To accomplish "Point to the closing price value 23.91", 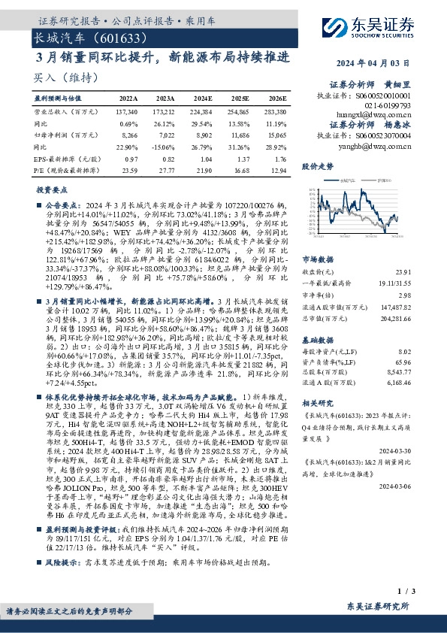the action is (403, 271).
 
